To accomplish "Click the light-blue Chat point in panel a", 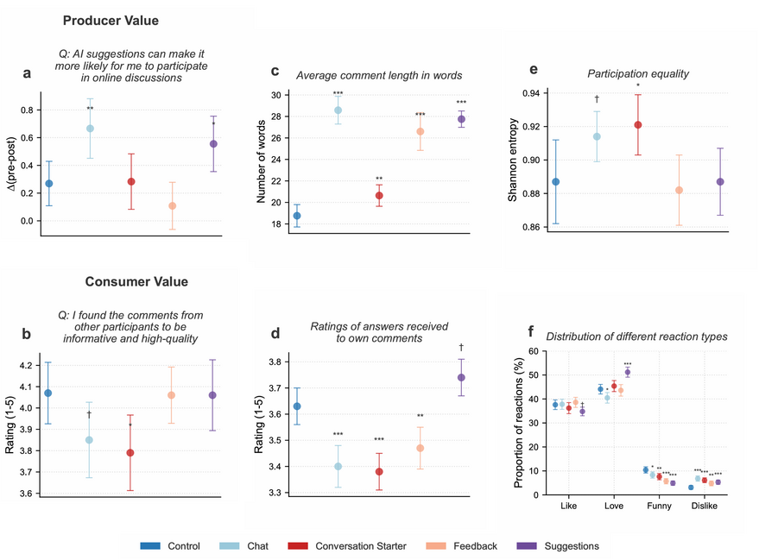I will coord(90,129).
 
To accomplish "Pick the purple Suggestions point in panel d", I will coord(461,377).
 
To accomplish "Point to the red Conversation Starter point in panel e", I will coord(638,124).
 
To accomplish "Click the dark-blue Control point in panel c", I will coord(297,216).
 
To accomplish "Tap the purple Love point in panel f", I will coord(628,372).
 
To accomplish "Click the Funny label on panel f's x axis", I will coord(660,505).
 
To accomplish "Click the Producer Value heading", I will coord(111,20).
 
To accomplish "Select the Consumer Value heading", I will coord(136,281).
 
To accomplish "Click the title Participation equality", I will coord(638,73).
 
